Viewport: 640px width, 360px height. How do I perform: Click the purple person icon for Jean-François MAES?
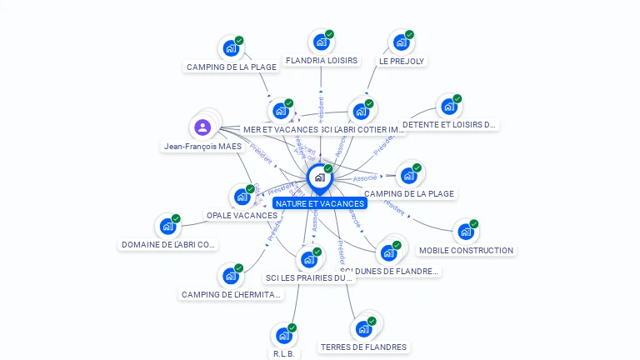(x=202, y=127)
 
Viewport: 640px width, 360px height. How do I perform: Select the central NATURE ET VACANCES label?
(x=320, y=203)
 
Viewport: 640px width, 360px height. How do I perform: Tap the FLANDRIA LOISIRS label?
(x=321, y=61)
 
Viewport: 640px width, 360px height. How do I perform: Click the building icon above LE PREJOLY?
(x=401, y=43)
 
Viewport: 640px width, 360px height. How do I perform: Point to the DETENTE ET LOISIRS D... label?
(x=449, y=125)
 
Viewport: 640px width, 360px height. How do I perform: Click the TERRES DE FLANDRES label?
(x=363, y=347)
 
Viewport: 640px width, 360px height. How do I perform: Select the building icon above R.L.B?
(x=283, y=336)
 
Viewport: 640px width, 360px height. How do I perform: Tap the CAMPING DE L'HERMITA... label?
(x=231, y=294)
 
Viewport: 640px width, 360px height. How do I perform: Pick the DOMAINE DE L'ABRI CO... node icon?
(x=167, y=227)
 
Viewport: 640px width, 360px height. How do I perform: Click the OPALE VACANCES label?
(x=242, y=215)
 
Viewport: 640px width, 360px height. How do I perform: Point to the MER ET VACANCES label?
(x=280, y=130)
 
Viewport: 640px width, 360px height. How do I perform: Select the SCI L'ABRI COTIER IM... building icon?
(x=361, y=112)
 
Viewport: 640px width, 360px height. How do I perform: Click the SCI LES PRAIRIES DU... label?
(x=309, y=277)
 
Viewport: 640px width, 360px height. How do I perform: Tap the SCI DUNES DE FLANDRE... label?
(x=390, y=271)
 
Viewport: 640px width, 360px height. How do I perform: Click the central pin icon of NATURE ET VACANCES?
(x=319, y=177)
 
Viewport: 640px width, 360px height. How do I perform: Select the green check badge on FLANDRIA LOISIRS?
(x=329, y=35)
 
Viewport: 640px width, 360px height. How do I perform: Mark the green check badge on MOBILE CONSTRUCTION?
(x=473, y=223)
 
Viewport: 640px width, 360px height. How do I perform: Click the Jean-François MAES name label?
(x=202, y=146)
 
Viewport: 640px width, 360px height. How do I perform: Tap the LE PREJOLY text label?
(x=402, y=61)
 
